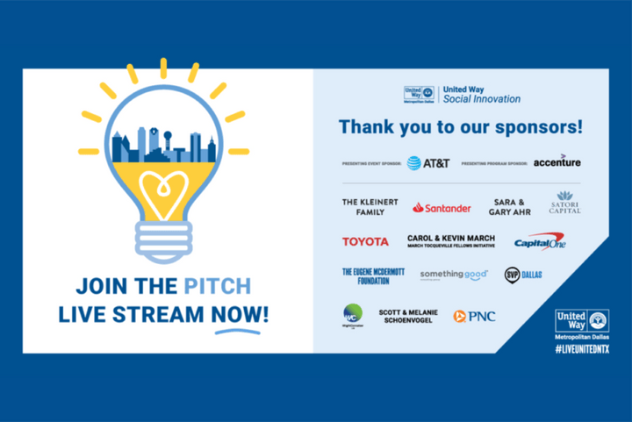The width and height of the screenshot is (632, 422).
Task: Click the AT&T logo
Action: coord(429,162)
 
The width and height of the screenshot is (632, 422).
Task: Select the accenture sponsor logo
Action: coord(557,161)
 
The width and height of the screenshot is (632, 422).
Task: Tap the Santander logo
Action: coord(442,208)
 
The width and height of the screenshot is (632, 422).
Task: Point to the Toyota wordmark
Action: coord(365,241)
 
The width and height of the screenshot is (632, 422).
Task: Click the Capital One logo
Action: coord(540,242)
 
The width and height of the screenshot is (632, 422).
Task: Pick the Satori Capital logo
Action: coord(564,202)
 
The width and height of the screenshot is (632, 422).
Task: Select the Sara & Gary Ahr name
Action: coord(510,207)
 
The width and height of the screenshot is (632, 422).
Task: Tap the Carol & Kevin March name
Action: coord(451,240)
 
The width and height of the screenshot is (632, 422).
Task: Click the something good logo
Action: coord(453,275)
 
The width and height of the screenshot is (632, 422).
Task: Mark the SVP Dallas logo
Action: coord(523,275)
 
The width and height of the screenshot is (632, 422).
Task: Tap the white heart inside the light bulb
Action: coord(163,191)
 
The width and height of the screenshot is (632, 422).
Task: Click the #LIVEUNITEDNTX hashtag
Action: coord(582,349)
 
